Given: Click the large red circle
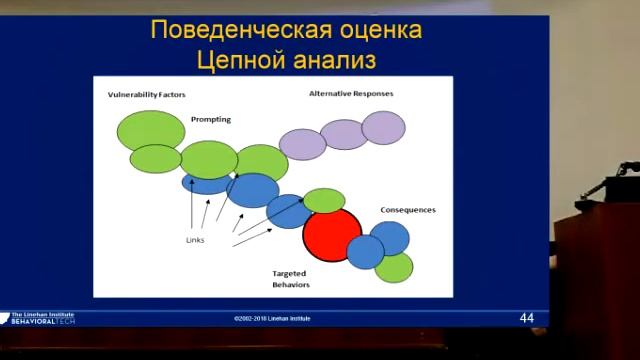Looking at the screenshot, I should (331, 235).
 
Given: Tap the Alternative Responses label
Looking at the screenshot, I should (351, 93).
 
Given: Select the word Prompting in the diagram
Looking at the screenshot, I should (211, 119).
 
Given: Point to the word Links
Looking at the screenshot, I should (196, 240).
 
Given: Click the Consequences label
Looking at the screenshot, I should (407, 210).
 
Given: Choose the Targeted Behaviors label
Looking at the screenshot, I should (290, 278).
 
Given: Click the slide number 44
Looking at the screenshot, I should (527, 317).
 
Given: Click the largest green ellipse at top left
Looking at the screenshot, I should (146, 130).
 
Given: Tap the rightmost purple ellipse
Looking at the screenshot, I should (382, 128).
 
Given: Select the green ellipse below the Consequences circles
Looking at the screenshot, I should (393, 267).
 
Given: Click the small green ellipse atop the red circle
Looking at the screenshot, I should (324, 200).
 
